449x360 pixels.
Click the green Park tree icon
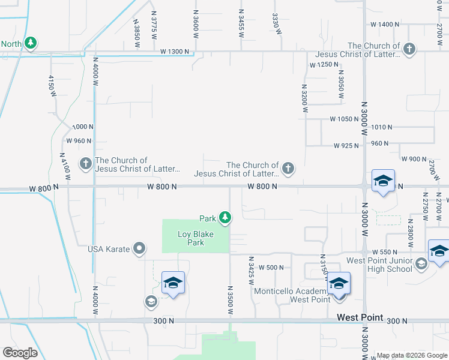pos(225,217)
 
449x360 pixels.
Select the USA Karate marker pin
pos(139,248)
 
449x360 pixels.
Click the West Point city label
pos(360,317)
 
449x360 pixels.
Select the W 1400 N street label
pos(385,24)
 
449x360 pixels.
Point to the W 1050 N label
pos(344,119)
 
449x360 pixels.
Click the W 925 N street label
pos(346,145)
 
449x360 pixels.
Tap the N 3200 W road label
pos(305,98)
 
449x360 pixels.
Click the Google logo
pos(20,353)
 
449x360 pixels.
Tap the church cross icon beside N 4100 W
pos(85,163)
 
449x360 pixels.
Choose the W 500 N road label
pos(271,268)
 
